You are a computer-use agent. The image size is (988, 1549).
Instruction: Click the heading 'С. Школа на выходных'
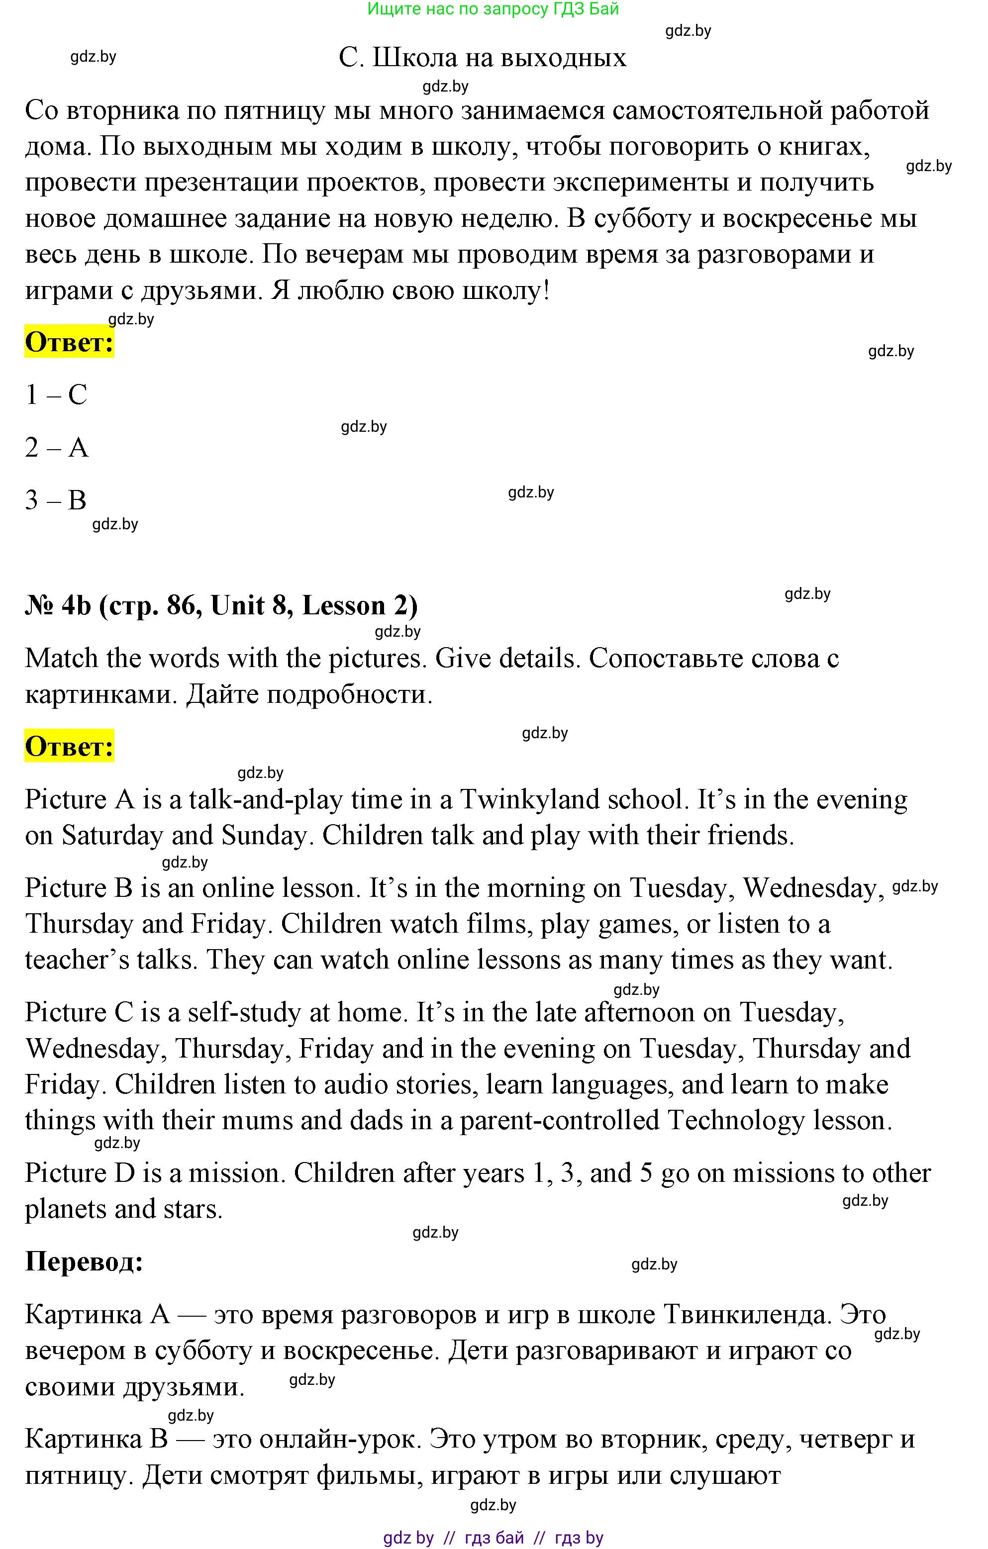click(x=483, y=58)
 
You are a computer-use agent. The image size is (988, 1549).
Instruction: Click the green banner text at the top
click(x=493, y=9)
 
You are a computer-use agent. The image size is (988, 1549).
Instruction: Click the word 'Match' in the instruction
click(x=62, y=658)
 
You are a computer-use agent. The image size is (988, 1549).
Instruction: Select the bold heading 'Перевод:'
click(x=84, y=1261)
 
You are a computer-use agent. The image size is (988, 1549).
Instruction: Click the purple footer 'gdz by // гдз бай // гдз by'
click(x=493, y=1538)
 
